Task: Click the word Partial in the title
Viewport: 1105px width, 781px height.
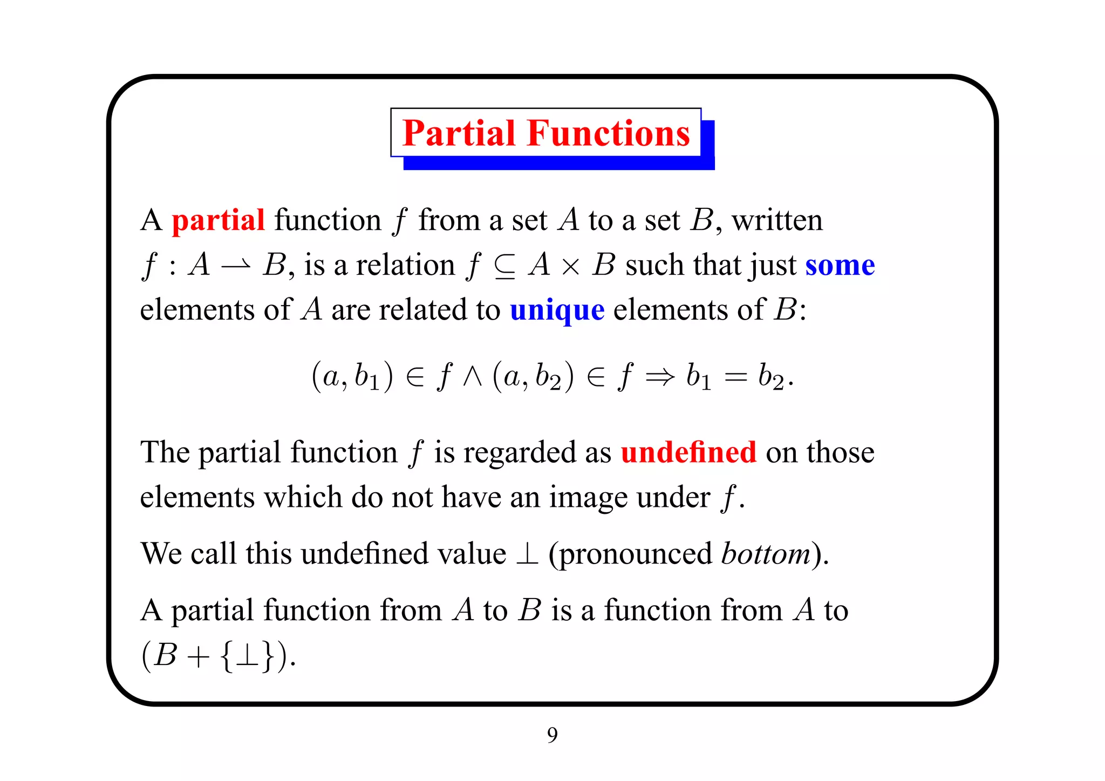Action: click(x=459, y=133)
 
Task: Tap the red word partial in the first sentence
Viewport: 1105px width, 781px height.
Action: click(x=218, y=220)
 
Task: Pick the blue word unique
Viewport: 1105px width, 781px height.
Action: click(x=557, y=310)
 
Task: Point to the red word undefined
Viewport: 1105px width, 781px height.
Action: click(x=688, y=452)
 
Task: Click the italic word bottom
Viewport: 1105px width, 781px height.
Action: click(x=766, y=554)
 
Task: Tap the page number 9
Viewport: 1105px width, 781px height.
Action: click(x=552, y=735)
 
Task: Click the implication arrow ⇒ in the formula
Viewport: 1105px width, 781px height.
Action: click(x=660, y=377)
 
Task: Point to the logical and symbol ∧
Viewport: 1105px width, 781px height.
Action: click(x=472, y=377)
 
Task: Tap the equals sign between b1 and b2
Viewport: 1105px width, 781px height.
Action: click(x=734, y=377)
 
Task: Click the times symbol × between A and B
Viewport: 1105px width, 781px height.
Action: click(x=570, y=267)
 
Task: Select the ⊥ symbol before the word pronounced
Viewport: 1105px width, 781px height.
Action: click(x=527, y=554)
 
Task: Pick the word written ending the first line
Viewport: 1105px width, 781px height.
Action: click(x=777, y=220)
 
